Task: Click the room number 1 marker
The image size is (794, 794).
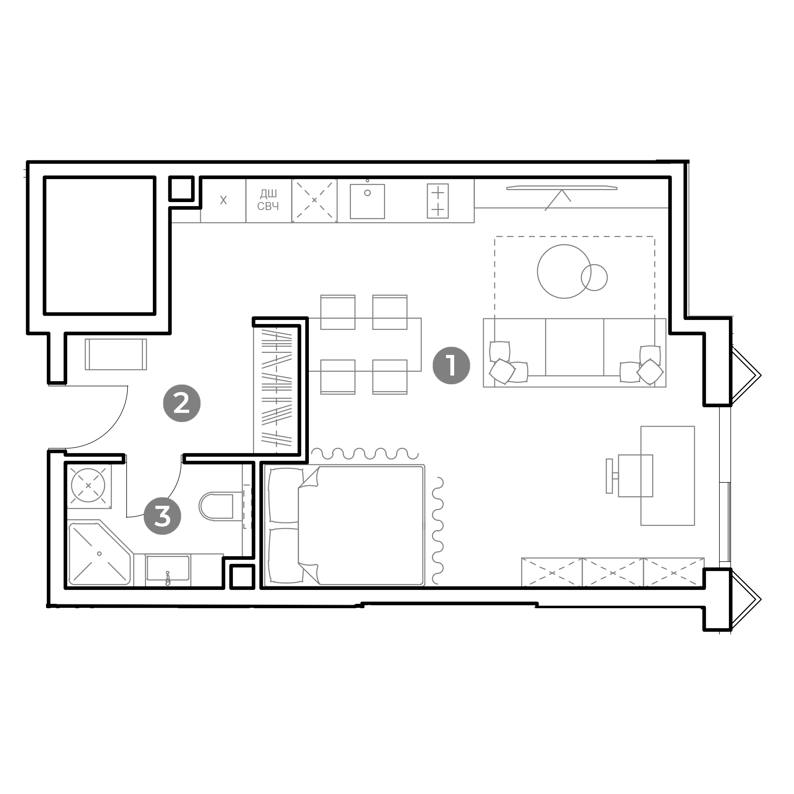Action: click(x=451, y=365)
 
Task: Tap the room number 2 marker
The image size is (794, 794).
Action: click(x=182, y=403)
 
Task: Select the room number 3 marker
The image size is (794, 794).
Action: click(x=162, y=516)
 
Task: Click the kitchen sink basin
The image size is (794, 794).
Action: click(x=367, y=201)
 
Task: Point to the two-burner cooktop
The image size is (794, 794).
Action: click(x=437, y=201)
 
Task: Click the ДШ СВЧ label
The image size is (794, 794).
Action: click(x=268, y=200)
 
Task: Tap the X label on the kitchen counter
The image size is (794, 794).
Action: click(x=223, y=200)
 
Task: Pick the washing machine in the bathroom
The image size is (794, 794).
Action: click(x=89, y=486)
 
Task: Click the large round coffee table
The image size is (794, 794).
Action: click(x=564, y=271)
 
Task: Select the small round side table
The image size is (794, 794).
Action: click(x=594, y=278)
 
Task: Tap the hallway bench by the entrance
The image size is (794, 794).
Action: click(x=116, y=354)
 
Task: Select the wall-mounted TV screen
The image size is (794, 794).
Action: click(x=562, y=188)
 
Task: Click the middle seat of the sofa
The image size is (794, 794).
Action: click(x=574, y=347)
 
